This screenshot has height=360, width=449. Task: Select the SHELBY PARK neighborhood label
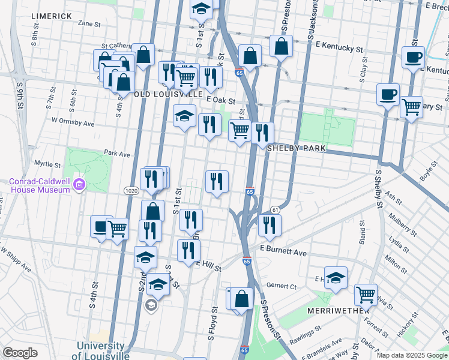[296, 148]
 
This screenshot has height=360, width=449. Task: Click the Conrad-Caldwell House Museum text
[40, 186]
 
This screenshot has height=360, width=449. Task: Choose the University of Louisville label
[100, 350]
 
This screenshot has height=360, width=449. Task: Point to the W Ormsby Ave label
[73, 122]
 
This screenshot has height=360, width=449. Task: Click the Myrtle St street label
[47, 163]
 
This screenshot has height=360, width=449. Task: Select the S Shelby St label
[379, 188]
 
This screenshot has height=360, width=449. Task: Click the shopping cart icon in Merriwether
[366, 294]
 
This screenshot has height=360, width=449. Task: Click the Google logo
[20, 352]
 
